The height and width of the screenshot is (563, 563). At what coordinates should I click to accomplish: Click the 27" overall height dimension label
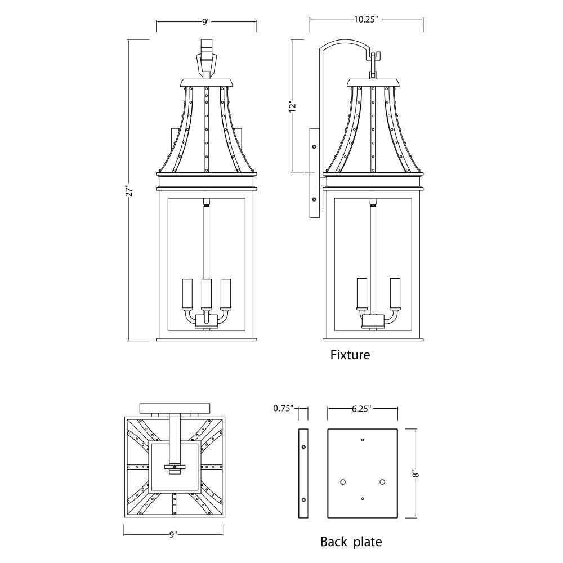pyautogui.click(x=131, y=190)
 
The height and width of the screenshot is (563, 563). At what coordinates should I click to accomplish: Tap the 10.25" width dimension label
pyautogui.click(x=367, y=19)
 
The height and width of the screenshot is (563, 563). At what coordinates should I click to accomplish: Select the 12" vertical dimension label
pyautogui.click(x=293, y=106)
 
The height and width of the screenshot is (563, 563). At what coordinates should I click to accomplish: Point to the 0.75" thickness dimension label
pyautogui.click(x=283, y=408)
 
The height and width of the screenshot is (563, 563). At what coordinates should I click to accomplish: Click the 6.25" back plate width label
pyautogui.click(x=361, y=409)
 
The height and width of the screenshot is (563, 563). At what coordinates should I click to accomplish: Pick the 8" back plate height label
pyautogui.click(x=416, y=474)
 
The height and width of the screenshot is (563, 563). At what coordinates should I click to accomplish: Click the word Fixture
pyautogui.click(x=350, y=355)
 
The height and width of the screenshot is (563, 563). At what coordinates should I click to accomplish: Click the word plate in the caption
pyautogui.click(x=367, y=542)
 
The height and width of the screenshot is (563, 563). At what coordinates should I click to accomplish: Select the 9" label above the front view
pyautogui.click(x=205, y=22)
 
